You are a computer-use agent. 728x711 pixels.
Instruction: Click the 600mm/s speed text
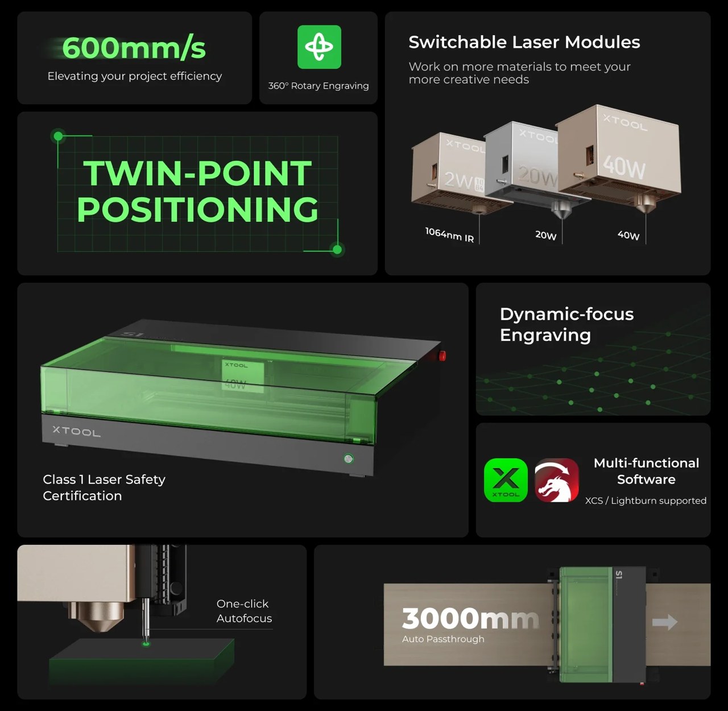click(x=134, y=48)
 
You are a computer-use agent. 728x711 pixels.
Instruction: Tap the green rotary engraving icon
click(x=319, y=47)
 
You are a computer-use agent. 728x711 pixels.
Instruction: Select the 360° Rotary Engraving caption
click(x=318, y=86)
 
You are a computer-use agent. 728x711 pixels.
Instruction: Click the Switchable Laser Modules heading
click(x=524, y=42)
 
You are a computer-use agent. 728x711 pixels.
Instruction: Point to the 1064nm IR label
click(x=449, y=234)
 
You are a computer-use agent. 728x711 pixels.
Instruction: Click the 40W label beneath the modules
click(x=628, y=235)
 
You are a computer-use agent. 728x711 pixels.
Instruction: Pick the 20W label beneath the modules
click(x=546, y=235)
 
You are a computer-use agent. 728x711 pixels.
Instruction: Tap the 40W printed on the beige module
click(x=624, y=167)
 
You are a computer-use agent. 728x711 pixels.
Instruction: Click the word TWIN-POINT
click(x=197, y=173)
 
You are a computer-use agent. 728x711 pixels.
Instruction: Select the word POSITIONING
click(x=197, y=209)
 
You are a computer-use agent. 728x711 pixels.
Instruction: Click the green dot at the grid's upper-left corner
click(x=58, y=136)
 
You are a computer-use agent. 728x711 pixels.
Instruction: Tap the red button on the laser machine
click(x=442, y=355)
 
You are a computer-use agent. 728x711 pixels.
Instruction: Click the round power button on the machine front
click(x=349, y=458)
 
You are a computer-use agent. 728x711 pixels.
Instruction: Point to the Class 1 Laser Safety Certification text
click(x=104, y=487)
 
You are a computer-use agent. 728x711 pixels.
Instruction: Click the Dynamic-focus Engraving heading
click(x=566, y=324)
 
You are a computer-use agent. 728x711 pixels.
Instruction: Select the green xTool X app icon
click(x=506, y=480)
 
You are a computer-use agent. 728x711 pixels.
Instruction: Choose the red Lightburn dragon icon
click(x=557, y=480)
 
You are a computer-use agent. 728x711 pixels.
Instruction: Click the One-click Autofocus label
click(x=244, y=611)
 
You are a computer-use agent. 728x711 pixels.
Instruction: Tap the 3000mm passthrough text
click(x=470, y=618)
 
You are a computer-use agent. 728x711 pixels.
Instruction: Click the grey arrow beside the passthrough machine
click(x=664, y=622)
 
